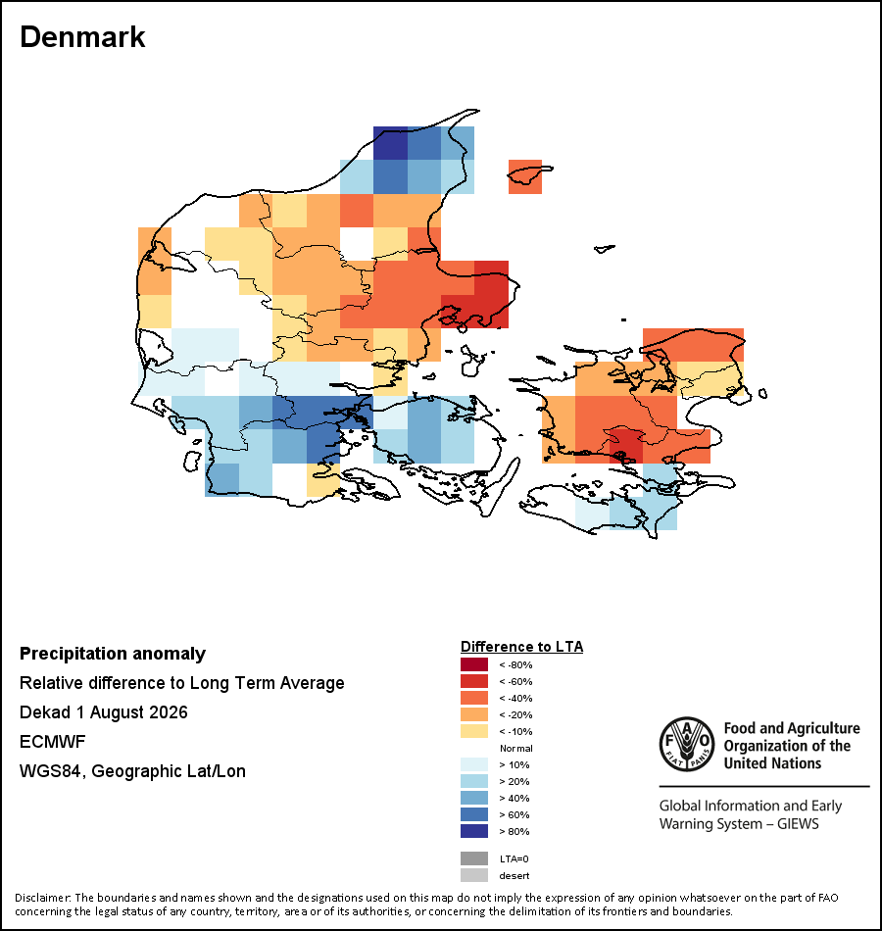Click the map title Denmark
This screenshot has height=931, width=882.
pos(82,37)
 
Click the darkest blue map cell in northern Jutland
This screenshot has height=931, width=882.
pos(391,143)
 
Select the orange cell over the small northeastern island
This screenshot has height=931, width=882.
pos(525,176)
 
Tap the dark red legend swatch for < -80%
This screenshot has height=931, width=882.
pos(474,664)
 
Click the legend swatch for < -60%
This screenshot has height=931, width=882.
pos(474,681)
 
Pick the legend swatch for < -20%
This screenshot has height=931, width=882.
pos(474,714)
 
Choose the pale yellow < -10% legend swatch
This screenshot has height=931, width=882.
pos(474,731)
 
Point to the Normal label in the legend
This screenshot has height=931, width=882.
pos(516,748)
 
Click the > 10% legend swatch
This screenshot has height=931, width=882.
pos(474,764)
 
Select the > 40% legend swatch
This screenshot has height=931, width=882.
pos(474,798)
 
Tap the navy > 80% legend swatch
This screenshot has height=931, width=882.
pos(474,831)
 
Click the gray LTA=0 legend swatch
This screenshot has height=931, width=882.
pos(474,858)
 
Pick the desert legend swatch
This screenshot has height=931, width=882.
pos(474,875)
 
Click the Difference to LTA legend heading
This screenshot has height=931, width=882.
pos(521,647)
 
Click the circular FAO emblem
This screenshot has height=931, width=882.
pos(687,745)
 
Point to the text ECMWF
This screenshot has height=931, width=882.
pos(52,742)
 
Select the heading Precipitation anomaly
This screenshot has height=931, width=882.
pos(113,654)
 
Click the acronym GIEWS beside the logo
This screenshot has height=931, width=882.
pos(798,823)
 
